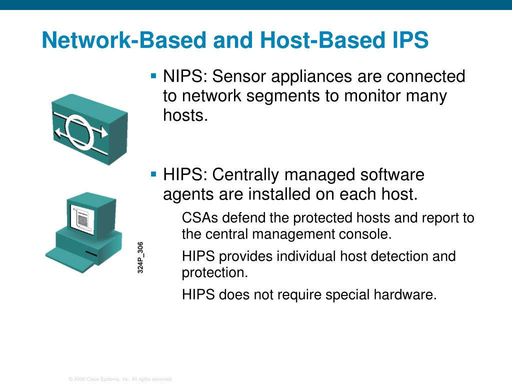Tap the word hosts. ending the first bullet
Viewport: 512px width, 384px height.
tap(185, 115)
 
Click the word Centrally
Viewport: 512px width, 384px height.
tap(245, 175)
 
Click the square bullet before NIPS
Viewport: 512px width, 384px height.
tap(153, 76)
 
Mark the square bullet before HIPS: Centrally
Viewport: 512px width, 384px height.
tap(153, 174)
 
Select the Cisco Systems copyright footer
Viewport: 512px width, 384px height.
tap(120, 379)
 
